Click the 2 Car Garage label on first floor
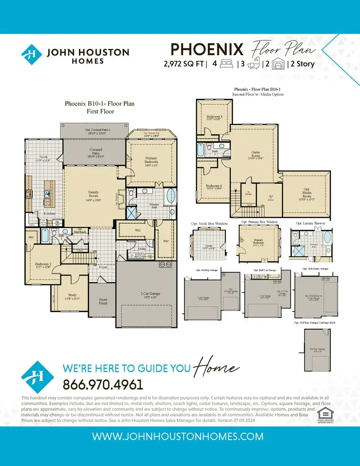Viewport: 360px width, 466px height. pyautogui.click(x=146, y=294)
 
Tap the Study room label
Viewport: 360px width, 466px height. pyautogui.click(x=72, y=296)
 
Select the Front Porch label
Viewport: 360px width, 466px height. pyautogui.click(x=103, y=301)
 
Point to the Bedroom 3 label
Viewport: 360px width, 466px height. pyautogui.click(x=214, y=118)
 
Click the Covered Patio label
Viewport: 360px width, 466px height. pyautogui.click(x=96, y=152)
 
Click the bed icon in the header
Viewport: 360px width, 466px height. pyautogui.click(x=226, y=64)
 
